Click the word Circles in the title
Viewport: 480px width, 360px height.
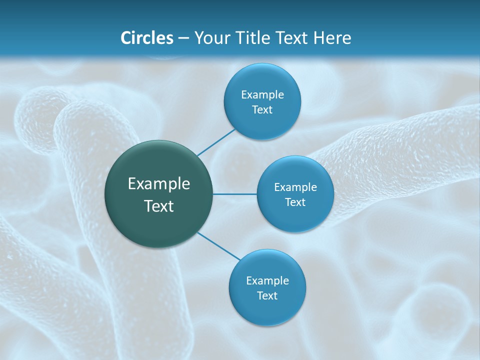tap(146, 38)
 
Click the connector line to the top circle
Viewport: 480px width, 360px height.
tap(216, 142)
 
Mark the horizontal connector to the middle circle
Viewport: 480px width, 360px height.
tap(235, 194)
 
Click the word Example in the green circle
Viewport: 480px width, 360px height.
tap(159, 184)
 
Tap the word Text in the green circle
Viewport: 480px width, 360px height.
tap(159, 206)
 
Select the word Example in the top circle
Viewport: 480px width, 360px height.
tap(262, 94)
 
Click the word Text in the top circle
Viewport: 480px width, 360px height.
tap(262, 109)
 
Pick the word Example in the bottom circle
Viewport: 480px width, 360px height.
tap(267, 280)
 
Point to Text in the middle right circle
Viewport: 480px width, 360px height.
tap(295, 202)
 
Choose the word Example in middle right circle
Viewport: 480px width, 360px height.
tap(295, 187)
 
